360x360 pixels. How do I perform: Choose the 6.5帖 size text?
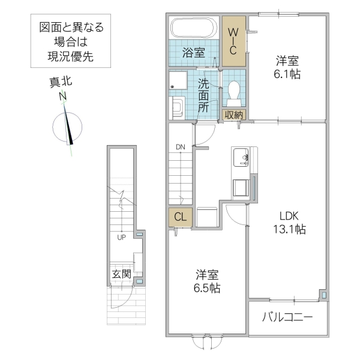(207, 288)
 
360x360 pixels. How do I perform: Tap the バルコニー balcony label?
(287, 317)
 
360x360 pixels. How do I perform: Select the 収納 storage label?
(234, 115)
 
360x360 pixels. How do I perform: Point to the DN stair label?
(181, 146)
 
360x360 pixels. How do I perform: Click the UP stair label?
(121, 236)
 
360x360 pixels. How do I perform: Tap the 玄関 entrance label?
(121, 274)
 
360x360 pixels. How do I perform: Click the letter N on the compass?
(62, 97)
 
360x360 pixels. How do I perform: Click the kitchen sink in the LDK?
(242, 157)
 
